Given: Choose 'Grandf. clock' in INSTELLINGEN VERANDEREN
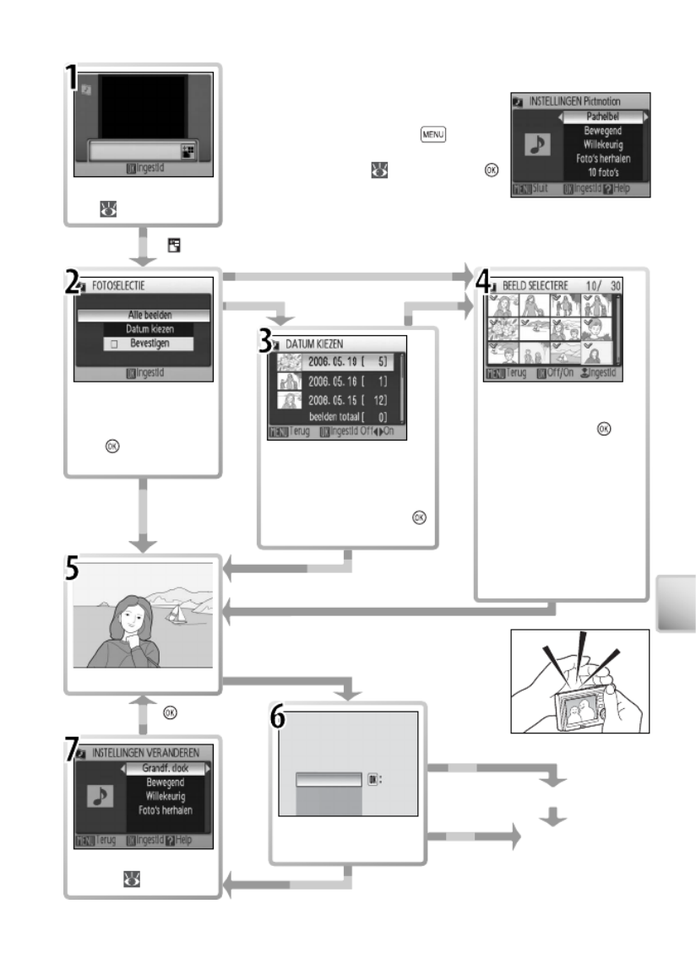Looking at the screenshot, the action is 166,768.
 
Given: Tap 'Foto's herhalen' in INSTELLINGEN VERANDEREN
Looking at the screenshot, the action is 166,810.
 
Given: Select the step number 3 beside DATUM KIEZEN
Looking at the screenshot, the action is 265,342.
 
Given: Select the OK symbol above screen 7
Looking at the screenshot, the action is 171,712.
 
